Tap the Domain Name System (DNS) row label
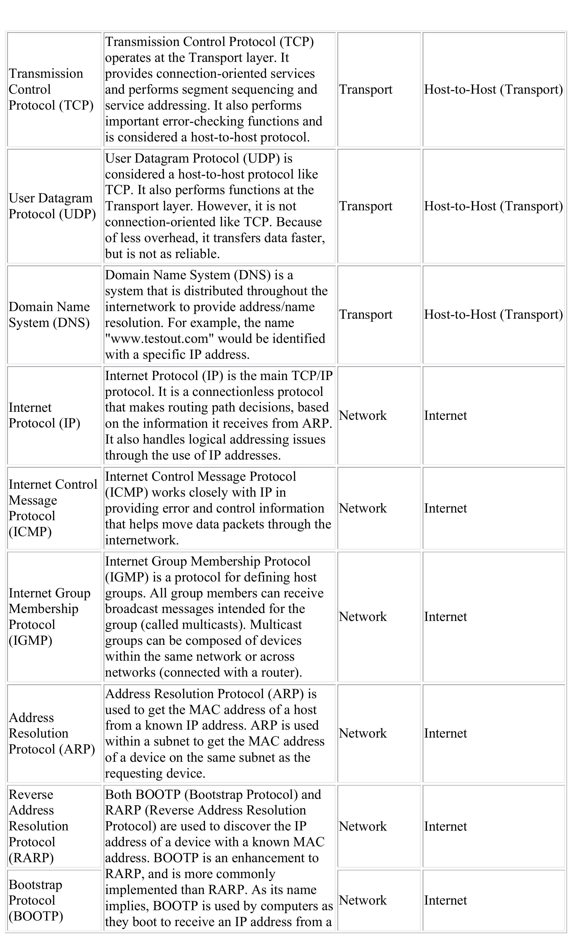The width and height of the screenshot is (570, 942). [49, 314]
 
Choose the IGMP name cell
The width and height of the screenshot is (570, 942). [49, 616]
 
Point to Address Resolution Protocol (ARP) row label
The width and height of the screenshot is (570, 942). [52, 733]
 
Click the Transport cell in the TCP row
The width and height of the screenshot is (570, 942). [366, 90]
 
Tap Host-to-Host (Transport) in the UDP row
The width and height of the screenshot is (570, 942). [493, 206]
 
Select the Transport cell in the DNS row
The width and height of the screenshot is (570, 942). [366, 314]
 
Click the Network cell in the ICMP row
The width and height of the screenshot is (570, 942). [362, 508]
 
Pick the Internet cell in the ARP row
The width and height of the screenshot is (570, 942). [445, 733]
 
